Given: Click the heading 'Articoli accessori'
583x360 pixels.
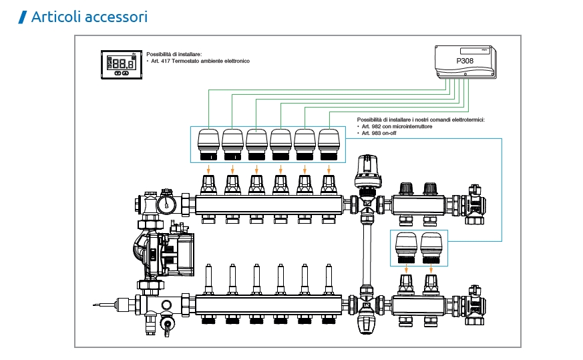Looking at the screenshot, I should point(89,17).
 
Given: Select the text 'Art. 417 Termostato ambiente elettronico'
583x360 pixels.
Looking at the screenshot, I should point(199,61).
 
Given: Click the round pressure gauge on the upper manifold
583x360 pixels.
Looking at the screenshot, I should point(166,203).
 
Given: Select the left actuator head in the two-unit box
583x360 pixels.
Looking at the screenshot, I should point(406,248).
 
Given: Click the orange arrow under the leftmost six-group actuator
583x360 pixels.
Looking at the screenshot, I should point(208,168).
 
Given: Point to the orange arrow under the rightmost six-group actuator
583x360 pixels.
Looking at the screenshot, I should point(329,168).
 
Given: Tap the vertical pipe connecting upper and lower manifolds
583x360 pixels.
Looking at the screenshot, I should point(366,254).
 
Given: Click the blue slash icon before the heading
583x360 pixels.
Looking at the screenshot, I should point(23,17).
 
